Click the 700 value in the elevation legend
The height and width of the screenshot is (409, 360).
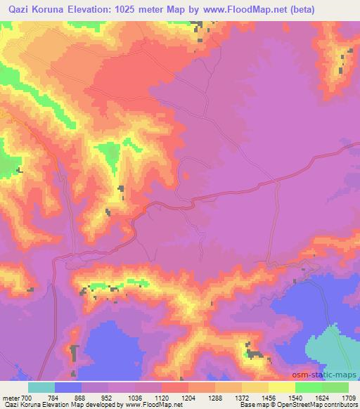(x=27, y=398)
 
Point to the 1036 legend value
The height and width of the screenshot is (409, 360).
(x=135, y=398)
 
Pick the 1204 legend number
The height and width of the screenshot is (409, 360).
(x=188, y=398)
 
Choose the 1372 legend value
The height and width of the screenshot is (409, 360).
(x=242, y=398)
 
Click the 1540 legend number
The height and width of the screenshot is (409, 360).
(x=295, y=398)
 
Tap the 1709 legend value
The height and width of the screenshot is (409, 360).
(x=348, y=398)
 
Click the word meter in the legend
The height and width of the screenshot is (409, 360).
(x=10, y=398)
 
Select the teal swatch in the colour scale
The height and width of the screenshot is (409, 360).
(x=41, y=387)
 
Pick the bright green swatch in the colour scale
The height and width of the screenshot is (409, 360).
(x=308, y=387)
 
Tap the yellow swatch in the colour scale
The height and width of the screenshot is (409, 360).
(x=281, y=387)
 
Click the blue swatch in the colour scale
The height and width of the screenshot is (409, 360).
(x=68, y=387)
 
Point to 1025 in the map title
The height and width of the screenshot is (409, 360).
(x=141, y=9)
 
